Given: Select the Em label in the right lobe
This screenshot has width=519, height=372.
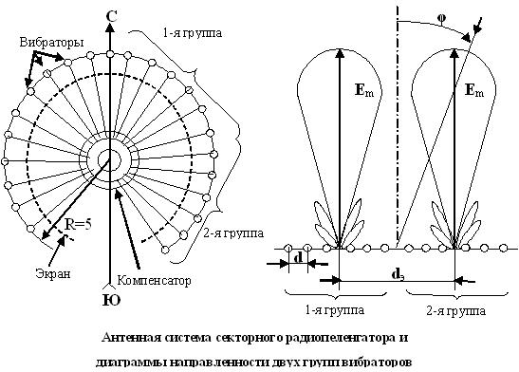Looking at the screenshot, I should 475,91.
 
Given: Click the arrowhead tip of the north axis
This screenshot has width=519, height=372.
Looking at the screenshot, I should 111,25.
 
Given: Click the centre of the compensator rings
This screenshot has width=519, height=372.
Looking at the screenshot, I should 111,158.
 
